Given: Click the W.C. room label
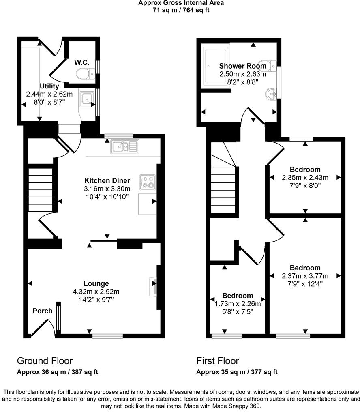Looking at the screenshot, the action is (82, 62).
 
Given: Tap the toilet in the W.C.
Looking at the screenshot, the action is (86, 74).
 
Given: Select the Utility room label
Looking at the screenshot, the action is (49, 86).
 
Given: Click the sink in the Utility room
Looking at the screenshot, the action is (87, 99).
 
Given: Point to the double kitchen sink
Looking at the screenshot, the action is (125, 147).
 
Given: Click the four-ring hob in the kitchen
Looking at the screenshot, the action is (148, 182).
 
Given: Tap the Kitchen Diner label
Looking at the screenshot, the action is (107, 181).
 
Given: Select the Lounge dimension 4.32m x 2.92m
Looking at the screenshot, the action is (96, 292).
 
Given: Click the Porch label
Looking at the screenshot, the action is (43, 311).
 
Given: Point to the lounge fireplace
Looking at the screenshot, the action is (154, 286).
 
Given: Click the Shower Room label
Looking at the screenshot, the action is (243, 66).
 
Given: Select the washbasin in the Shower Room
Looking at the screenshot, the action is (271, 94).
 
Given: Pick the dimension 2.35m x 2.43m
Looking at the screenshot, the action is (305, 178).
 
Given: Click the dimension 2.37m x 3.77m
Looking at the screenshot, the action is (305, 276).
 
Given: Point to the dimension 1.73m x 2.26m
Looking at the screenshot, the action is (238, 304).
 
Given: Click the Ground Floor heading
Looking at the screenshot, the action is (45, 361).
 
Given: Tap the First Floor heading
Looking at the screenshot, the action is (218, 361).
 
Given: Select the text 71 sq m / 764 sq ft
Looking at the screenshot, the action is (181, 11).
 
